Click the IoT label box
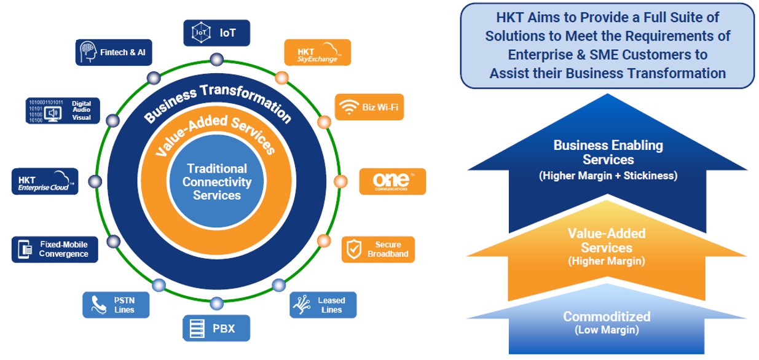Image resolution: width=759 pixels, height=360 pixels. coord(216,33)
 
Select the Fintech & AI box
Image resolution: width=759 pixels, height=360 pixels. coord(114,53)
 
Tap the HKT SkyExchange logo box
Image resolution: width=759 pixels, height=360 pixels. coord(317,53)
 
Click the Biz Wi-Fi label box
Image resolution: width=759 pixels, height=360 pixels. coord(369,107)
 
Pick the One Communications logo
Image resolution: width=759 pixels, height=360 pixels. coord(392,181)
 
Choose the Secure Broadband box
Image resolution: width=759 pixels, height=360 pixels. coord(378,249)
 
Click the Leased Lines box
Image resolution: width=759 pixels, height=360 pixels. coord(323,305)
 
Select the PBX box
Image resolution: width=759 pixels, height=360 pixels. coord(216,328)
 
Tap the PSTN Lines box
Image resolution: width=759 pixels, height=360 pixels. coord(117,305)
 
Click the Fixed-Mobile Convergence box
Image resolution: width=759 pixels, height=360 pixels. coord(55,249)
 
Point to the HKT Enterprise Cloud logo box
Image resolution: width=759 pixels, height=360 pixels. coord(45,181)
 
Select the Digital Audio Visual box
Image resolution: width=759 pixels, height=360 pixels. coord(63,111)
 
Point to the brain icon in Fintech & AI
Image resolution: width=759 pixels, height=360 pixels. coord(88,53)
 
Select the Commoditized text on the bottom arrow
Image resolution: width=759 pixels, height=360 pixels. coord(607,317)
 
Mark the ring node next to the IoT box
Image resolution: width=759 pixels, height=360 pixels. coord(216,60)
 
